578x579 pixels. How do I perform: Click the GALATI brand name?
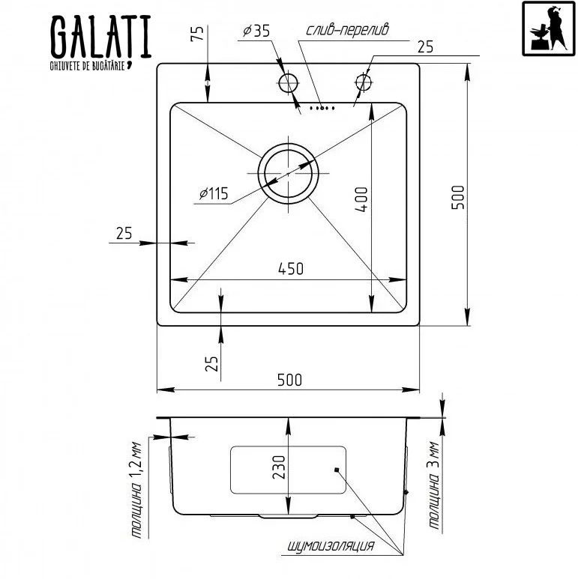click(100, 36)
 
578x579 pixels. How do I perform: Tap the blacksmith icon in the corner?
click(549, 28)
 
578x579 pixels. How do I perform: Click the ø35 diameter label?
click(256, 31)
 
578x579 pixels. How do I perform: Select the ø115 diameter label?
click(214, 193)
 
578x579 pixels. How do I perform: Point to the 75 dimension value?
click(197, 34)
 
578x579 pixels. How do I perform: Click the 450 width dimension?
click(290, 269)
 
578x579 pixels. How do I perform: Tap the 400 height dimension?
click(361, 199)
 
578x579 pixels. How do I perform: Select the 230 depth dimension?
click(279, 467)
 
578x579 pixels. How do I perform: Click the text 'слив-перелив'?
click(347, 29)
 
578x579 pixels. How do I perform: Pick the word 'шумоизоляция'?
click(331, 546)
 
